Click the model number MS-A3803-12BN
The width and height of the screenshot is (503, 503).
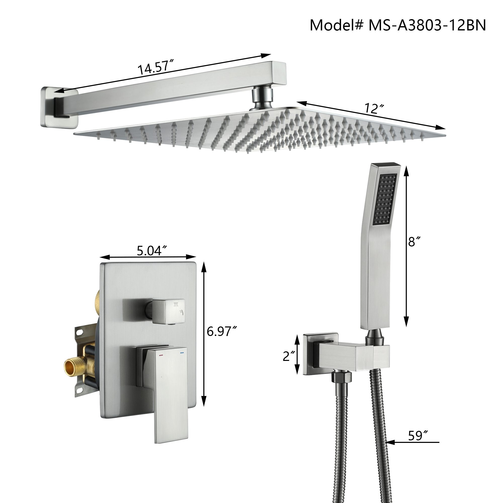(x=427, y=25)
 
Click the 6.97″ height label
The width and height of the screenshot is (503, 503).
(x=222, y=331)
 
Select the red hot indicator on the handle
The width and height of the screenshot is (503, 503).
(x=161, y=355)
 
